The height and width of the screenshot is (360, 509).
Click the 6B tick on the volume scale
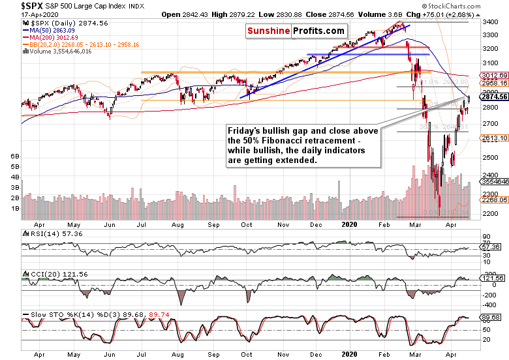[x=15, y=157]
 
